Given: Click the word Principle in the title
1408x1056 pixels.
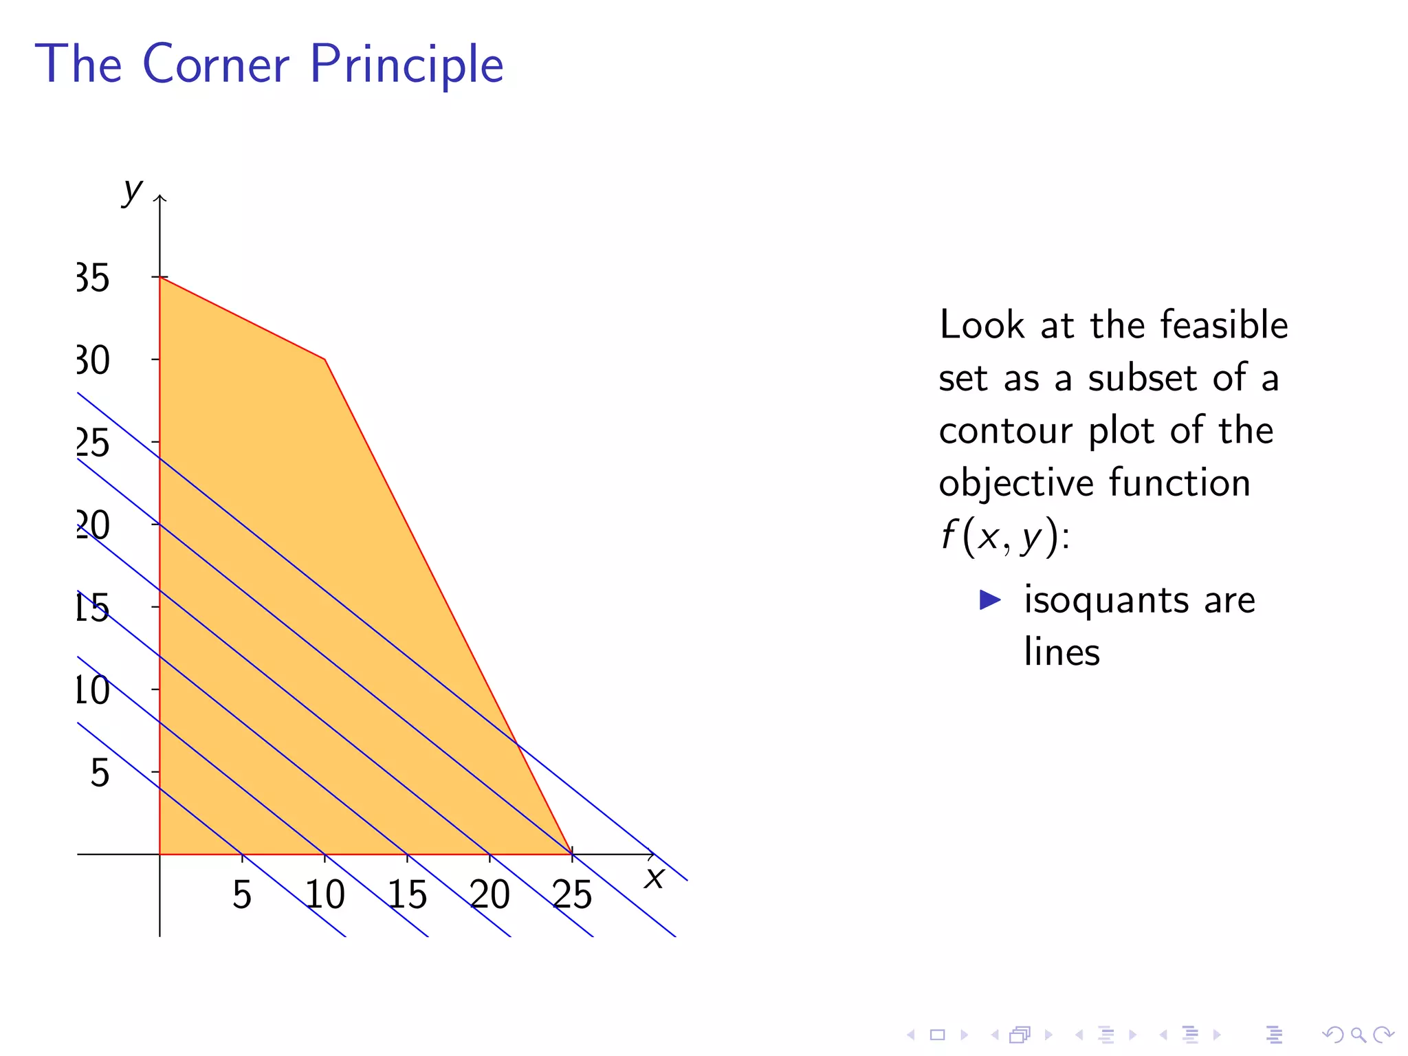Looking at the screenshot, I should [406, 65].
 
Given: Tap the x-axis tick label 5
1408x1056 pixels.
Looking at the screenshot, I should [241, 895].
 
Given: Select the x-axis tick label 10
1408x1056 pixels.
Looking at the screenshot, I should [324, 895].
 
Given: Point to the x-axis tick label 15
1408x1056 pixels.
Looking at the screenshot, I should [407, 895].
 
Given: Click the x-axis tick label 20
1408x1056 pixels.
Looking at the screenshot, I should [489, 895].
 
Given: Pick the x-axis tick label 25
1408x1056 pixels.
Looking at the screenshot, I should [572, 895].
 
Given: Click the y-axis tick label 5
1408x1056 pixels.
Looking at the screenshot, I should [100, 773].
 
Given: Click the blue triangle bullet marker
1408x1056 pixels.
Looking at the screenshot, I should [989, 599].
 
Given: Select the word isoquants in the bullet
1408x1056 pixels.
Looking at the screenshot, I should [1106, 599].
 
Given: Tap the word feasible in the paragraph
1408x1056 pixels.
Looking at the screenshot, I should [1224, 324].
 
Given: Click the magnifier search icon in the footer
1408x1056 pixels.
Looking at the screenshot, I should [1358, 1034].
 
